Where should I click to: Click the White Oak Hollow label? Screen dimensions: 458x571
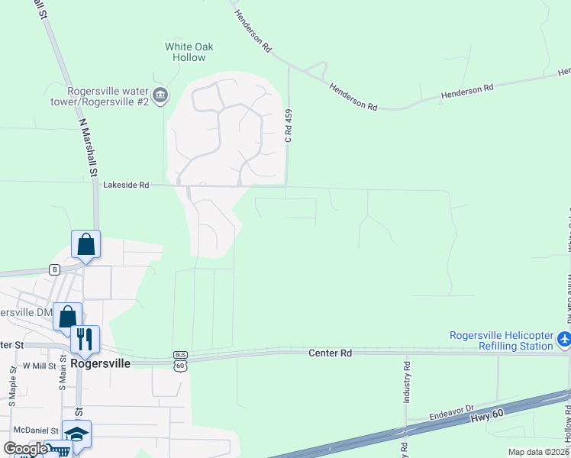pyautogui.click(x=189, y=52)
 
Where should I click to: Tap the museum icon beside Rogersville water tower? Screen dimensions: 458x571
pyautogui.click(x=160, y=95)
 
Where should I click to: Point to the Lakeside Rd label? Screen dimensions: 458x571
pyautogui.click(x=126, y=185)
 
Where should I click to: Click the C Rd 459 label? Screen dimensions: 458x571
pyautogui.click(x=289, y=125)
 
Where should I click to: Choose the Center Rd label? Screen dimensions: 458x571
pyautogui.click(x=330, y=353)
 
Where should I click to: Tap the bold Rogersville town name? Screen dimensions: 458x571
pyautogui.click(x=100, y=364)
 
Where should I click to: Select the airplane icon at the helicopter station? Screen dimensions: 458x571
pyautogui.click(x=564, y=338)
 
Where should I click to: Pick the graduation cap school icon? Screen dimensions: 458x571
pyautogui.click(x=76, y=433)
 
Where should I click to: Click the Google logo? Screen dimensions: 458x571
pyautogui.click(x=25, y=447)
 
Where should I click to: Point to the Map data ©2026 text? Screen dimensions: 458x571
pyautogui.click(x=538, y=452)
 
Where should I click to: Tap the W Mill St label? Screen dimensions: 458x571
pyautogui.click(x=39, y=366)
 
